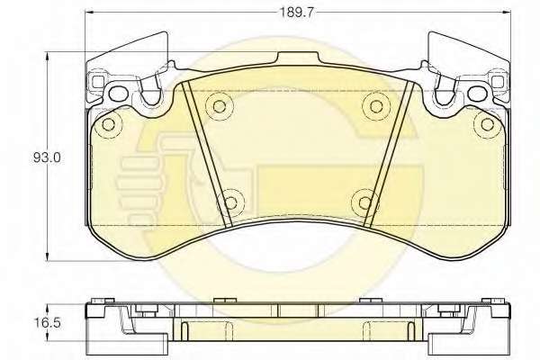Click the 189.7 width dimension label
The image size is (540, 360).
pyautogui.click(x=297, y=13)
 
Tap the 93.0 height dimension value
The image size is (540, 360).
pyautogui.click(x=47, y=158)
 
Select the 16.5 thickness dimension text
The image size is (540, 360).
pyautogui.click(x=47, y=323)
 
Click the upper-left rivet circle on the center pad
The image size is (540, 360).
pyautogui.click(x=219, y=106)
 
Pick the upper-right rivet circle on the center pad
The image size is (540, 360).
pyautogui.click(x=375, y=106)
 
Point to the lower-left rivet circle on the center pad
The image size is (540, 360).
pyautogui.click(x=230, y=202)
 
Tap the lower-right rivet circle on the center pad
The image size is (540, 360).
pyautogui.click(x=365, y=202)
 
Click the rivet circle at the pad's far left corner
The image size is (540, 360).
pyautogui.click(x=109, y=124)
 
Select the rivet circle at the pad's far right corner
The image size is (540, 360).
pyautogui.click(x=487, y=124)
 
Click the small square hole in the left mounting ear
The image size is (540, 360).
pyautogui.click(x=98, y=81)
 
